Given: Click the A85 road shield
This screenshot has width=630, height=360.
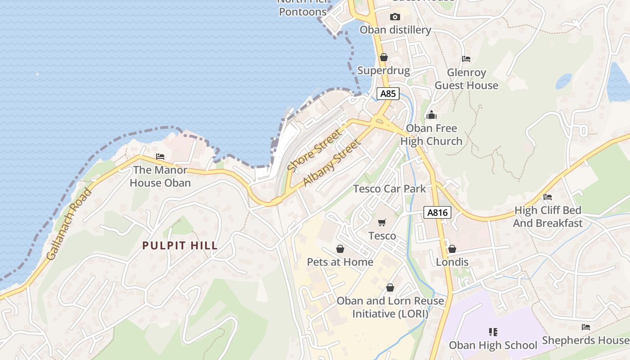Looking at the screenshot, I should click(388, 94).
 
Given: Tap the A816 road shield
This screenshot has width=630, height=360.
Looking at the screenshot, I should click(437, 213).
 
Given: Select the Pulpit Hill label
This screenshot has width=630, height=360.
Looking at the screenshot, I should click(180, 246).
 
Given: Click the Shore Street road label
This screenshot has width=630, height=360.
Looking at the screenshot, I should click(315, 151).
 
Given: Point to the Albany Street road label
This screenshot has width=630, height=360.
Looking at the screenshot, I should click(332, 163).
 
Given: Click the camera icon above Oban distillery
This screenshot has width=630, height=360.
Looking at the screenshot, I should click(395, 17).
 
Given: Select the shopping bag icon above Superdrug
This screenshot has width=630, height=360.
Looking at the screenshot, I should click(384, 57).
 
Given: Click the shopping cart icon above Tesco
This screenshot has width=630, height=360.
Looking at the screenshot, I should click(382, 222).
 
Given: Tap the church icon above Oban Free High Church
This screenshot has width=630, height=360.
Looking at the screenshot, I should click(432, 115).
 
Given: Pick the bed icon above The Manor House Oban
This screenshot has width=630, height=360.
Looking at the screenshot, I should click(160, 157).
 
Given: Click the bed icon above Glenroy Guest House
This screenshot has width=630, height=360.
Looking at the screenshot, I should click(466, 59).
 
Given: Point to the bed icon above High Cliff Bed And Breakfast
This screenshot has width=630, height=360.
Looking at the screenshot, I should click(548, 197).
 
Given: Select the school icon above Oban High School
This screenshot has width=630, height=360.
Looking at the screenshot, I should click(493, 332).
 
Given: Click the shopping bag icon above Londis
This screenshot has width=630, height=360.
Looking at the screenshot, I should click(452, 249).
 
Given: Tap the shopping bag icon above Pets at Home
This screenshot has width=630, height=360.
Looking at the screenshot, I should click(340, 249).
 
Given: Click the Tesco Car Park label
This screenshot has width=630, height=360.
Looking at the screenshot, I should click(389, 189).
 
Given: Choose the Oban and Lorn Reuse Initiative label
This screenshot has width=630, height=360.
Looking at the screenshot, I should click(390, 307).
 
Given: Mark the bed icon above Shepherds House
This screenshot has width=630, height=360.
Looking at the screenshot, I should click(585, 327).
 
